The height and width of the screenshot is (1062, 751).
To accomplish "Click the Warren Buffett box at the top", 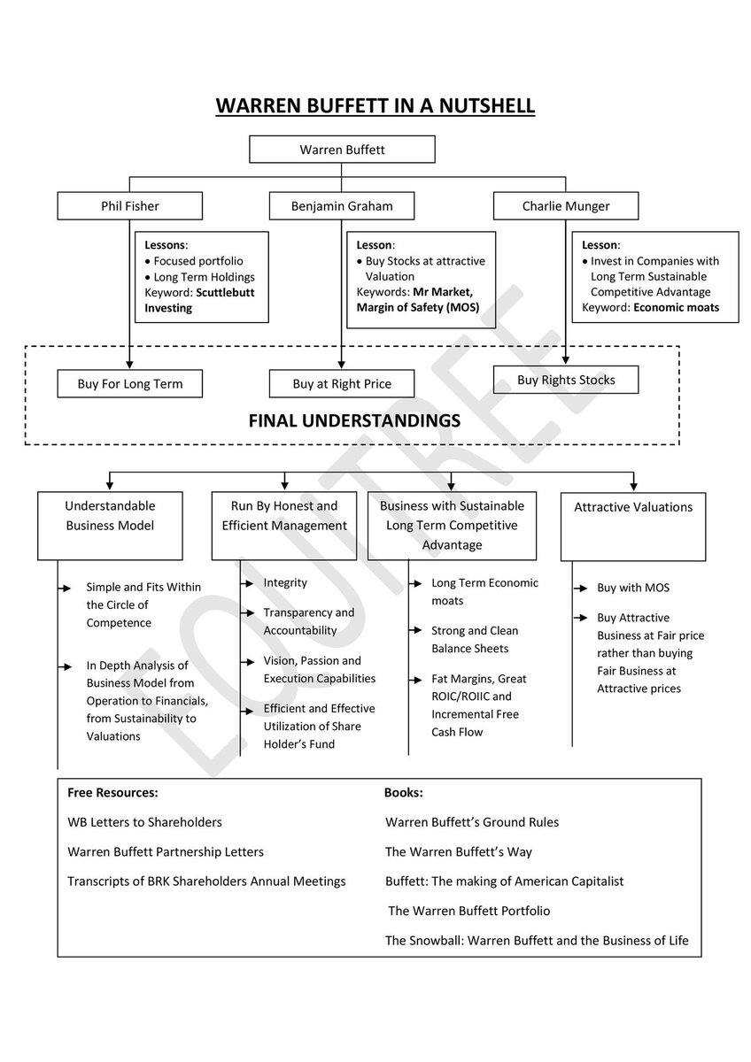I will [342, 150].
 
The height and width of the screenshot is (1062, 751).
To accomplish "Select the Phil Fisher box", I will [129, 206].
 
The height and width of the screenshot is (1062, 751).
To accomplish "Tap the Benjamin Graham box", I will [341, 206].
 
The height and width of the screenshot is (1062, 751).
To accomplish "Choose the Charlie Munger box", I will [565, 206].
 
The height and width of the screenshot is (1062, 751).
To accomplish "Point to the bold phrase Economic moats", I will [676, 308].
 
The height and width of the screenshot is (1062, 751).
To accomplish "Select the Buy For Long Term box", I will [129, 384].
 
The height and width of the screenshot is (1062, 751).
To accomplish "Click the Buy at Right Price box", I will [341, 384].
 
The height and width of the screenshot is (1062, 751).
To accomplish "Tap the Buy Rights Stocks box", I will [565, 380].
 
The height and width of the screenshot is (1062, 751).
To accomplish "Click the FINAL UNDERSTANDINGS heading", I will [354, 421].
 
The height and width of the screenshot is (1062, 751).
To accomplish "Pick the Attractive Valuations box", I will [632, 507].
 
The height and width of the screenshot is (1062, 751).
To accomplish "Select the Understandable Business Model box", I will [110, 516].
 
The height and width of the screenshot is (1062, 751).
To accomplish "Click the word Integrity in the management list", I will [285, 583].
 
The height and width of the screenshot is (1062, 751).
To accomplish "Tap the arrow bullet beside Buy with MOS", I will [581, 589].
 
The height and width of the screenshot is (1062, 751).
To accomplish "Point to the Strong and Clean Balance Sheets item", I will [474, 640].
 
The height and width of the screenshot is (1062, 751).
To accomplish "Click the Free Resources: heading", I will [112, 793].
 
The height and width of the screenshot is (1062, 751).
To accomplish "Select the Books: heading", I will [403, 793].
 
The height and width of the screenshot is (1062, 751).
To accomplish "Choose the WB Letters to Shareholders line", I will [144, 822].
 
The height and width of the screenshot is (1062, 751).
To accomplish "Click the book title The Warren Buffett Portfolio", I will [468, 911].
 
